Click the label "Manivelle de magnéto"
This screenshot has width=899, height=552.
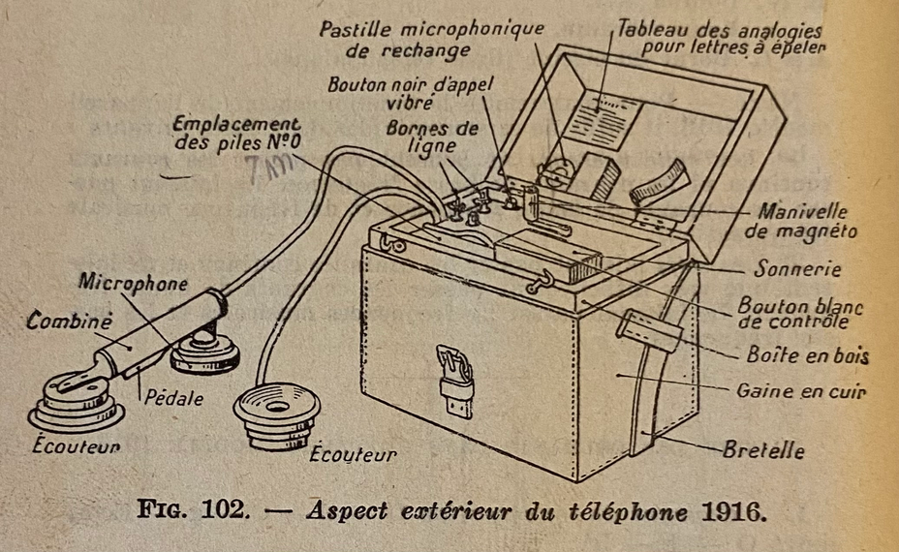(x=803, y=221)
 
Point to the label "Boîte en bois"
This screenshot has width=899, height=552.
(x=807, y=356)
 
